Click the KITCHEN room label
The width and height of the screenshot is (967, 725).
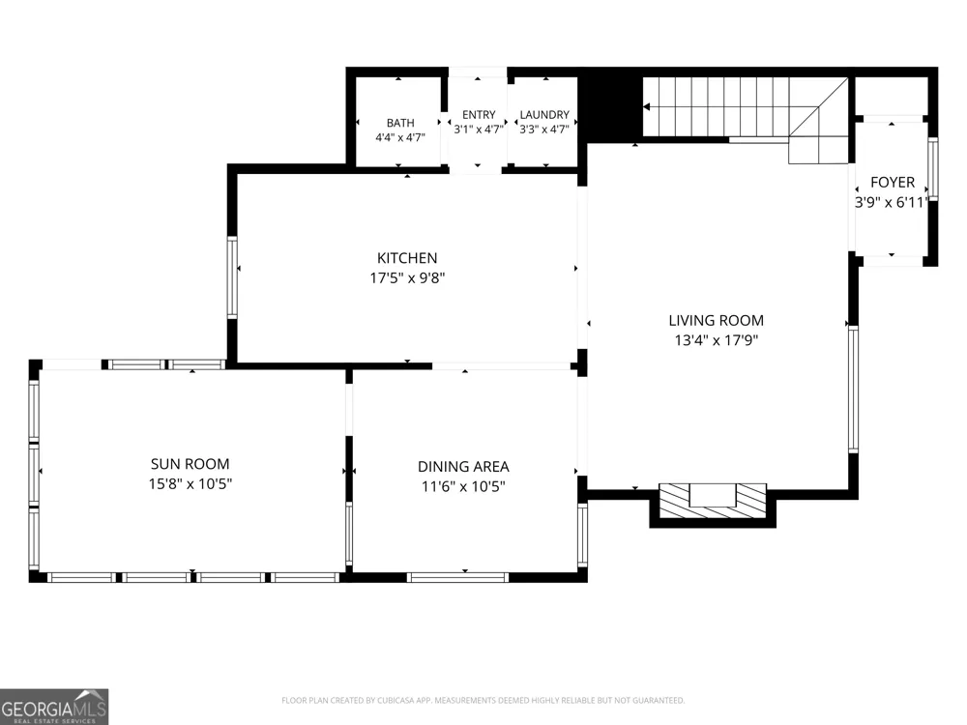407,258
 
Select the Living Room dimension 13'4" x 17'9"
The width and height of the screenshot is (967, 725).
716,339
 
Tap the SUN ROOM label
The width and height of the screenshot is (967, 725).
190,464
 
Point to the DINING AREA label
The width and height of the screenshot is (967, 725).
463,467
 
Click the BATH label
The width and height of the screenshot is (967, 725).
400,123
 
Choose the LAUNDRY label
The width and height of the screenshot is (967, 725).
543,115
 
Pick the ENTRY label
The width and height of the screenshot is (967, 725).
479,115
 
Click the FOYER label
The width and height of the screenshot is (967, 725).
893,182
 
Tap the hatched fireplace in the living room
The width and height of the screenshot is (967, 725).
713,501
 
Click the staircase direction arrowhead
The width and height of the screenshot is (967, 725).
646,106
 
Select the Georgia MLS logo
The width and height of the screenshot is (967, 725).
54,707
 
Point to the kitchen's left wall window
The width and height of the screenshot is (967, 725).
232,276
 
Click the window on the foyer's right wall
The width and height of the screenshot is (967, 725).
933,168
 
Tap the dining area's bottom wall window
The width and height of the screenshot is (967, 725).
457,578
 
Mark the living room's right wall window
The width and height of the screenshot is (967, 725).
854,389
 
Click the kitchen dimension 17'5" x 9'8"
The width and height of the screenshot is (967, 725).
407,278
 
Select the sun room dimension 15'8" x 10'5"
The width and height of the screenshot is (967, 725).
190,484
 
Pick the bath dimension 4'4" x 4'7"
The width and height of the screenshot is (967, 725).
400,137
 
